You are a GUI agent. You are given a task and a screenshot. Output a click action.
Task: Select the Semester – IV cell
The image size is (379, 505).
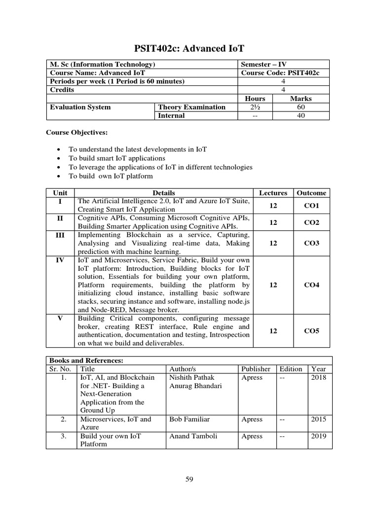point(263,65)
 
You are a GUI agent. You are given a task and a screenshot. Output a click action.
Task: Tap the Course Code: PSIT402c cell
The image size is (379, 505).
point(280,73)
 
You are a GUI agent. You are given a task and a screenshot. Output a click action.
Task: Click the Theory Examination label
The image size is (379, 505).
point(191,107)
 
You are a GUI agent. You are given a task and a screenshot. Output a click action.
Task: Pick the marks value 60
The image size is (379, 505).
point(301,107)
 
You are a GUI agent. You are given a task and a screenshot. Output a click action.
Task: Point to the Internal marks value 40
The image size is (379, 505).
point(301,115)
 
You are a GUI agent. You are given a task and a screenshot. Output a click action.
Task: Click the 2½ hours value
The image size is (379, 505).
point(255,107)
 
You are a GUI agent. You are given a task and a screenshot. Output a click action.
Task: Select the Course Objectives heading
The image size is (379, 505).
point(76,133)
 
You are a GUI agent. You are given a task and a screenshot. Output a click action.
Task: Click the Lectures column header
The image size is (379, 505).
point(273,193)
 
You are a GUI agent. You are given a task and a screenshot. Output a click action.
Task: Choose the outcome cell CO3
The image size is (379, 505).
point(311,243)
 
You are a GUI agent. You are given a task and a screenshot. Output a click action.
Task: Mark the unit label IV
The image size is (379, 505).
point(60,260)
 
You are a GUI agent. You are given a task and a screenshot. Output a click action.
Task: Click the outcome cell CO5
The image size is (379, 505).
point(311,331)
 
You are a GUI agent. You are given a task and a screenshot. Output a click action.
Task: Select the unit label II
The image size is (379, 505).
point(60,218)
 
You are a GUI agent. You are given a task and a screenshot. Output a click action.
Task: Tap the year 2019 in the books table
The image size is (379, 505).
point(319,436)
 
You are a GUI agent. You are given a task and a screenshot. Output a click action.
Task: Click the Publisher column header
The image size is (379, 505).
point(256,369)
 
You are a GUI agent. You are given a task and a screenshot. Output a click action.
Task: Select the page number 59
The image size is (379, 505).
point(189,478)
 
